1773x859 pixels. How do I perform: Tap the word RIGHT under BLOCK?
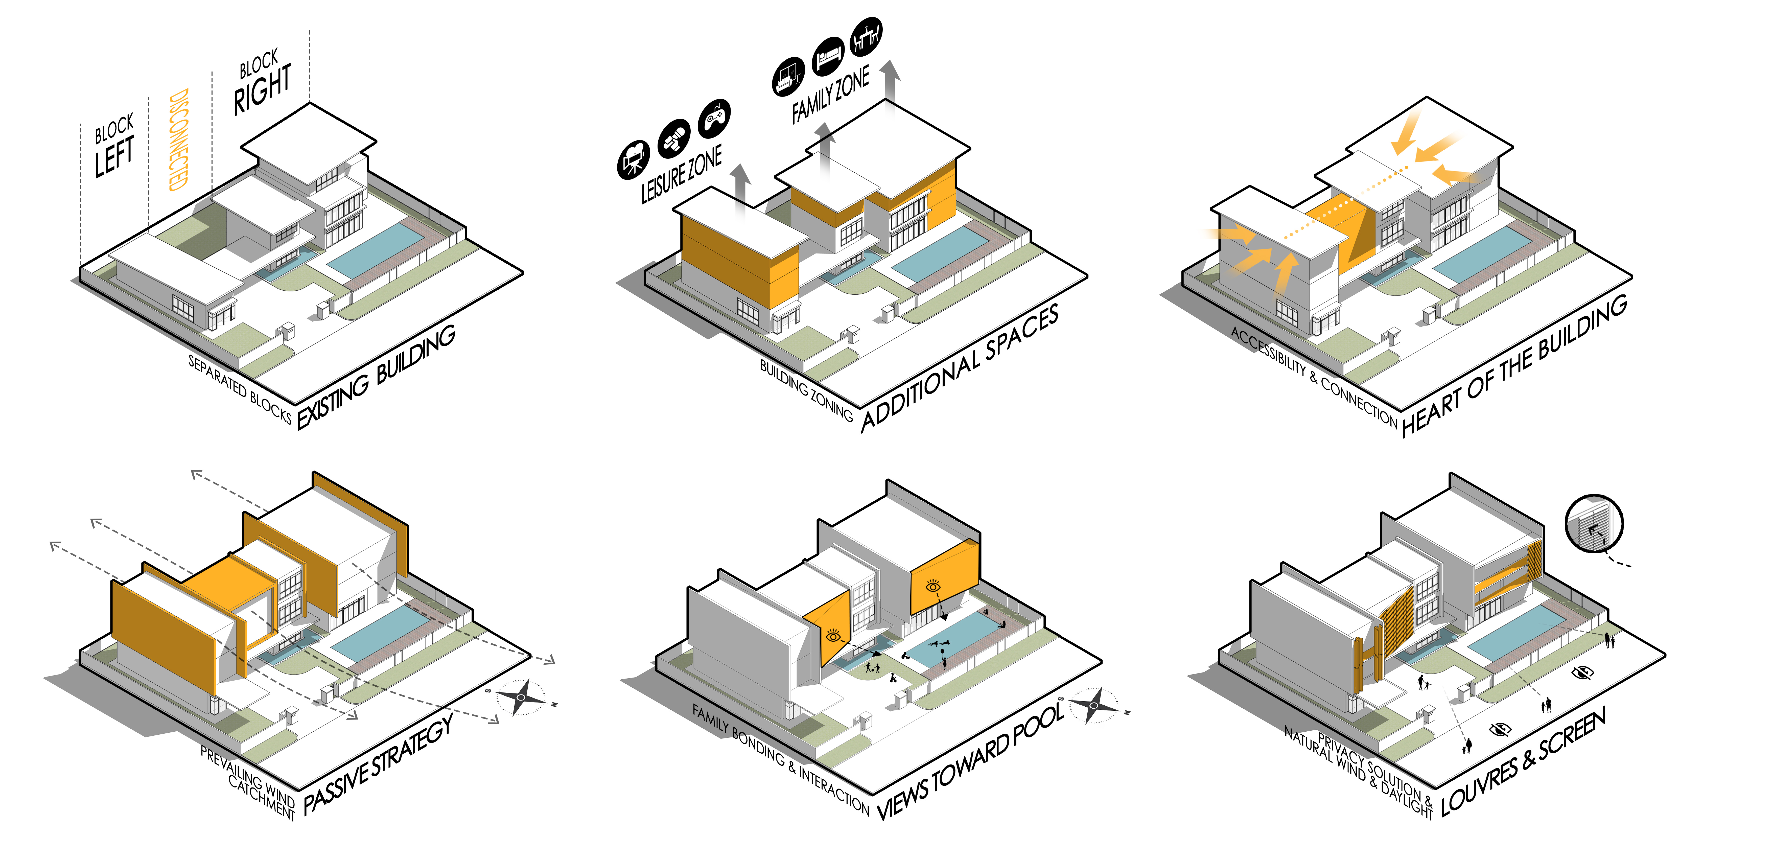click(262, 89)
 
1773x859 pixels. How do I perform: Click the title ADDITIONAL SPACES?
click(960, 368)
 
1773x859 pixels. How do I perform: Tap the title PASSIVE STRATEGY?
click(379, 764)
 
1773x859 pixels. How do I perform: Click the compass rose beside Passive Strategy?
click(521, 697)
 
